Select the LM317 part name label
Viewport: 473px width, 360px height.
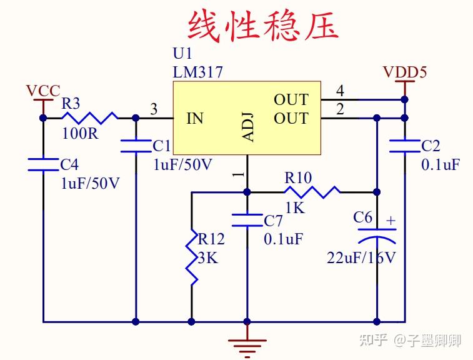[x=197, y=72]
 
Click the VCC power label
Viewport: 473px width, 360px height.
[x=43, y=91]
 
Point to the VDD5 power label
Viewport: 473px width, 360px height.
[x=405, y=72]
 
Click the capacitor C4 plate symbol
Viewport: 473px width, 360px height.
[x=43, y=164]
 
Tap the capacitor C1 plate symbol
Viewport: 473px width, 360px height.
[x=136, y=146]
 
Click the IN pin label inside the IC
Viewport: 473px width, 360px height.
[x=195, y=118]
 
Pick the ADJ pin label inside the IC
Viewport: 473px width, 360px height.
[x=248, y=127]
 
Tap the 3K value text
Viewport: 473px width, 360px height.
[x=208, y=257]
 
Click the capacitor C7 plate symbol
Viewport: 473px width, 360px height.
[x=247, y=220]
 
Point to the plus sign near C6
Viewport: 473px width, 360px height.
[x=391, y=221]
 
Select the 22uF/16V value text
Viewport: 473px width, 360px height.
[x=361, y=257]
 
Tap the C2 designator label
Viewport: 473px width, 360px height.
[x=431, y=146]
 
